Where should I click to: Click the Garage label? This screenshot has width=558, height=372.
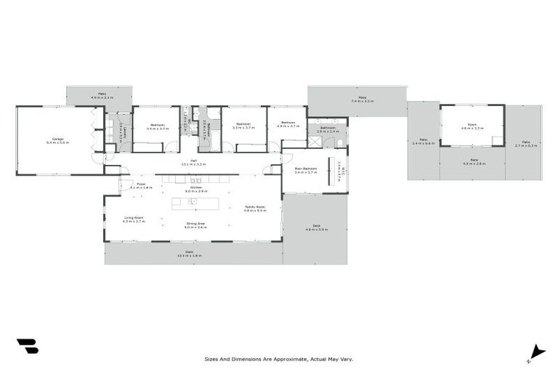[57, 139]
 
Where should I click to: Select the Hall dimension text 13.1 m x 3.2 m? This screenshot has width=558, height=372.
[194, 165]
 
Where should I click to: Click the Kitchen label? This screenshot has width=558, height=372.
[196, 187]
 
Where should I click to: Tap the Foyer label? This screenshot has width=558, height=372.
[141, 185]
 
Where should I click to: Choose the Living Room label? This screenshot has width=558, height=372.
[133, 217]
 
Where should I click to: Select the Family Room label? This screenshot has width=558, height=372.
[254, 207]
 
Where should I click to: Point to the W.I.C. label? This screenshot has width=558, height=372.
[339, 171]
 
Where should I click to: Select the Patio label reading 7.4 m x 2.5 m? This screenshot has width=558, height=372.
[362, 99]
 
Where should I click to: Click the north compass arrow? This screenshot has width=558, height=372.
[536, 352]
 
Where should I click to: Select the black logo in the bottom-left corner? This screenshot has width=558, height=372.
[28, 346]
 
